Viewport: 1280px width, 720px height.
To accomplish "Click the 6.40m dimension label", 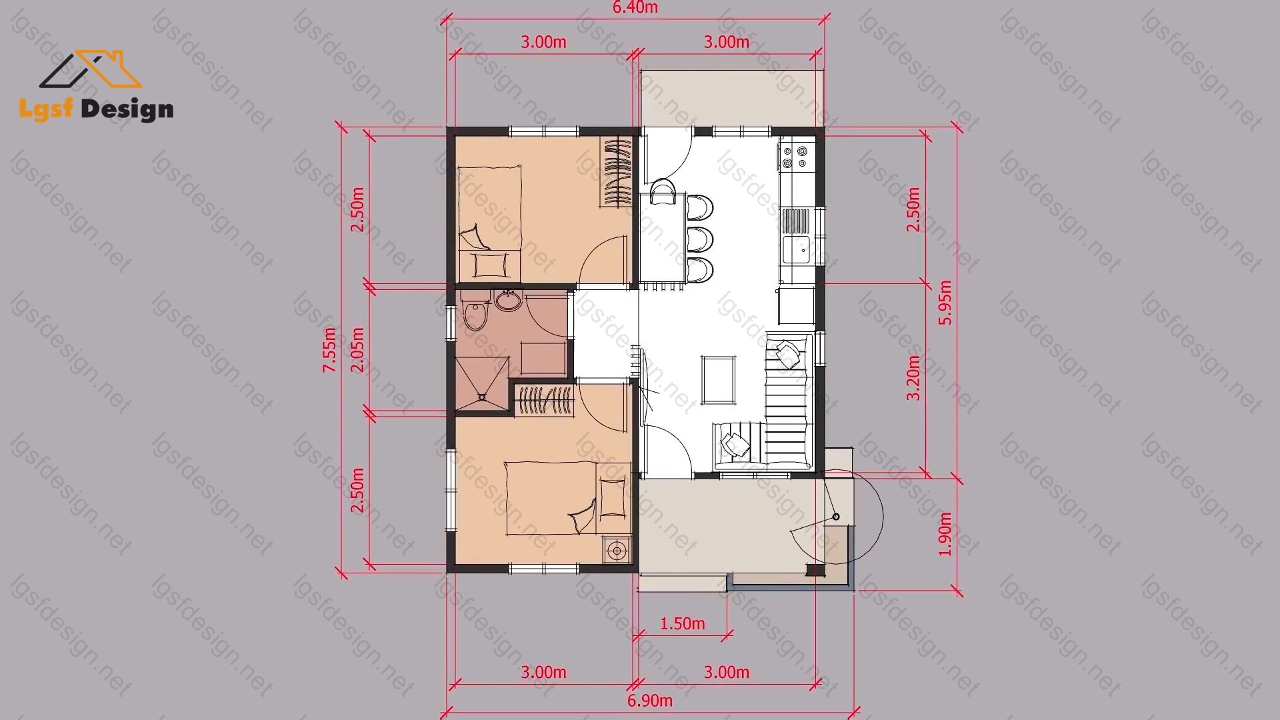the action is pos(635,7).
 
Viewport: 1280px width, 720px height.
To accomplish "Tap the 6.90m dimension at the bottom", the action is pos(650,701).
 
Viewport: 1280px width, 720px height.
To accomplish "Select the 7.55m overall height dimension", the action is pos(329,349).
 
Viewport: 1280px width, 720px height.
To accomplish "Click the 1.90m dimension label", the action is pos(945,534).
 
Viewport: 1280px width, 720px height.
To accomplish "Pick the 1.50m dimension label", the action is pos(682,623).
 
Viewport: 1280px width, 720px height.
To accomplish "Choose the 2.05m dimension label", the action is pos(357,350).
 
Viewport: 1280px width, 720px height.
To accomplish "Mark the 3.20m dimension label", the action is pos(913,377).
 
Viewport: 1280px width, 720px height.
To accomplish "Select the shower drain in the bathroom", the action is pos(482,397).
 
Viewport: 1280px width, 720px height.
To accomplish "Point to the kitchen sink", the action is pos(796,249).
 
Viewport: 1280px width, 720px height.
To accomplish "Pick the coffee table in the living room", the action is pos(719,380).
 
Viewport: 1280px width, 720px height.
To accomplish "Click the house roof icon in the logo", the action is pos(91,69).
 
